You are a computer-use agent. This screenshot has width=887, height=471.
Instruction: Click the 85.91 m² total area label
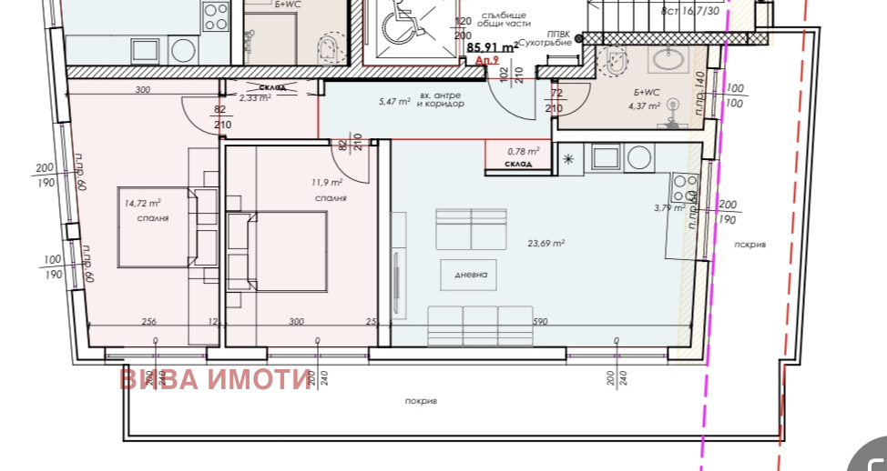pyautogui.click(x=493, y=47)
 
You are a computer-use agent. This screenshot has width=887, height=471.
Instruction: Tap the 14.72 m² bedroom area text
pyautogui.click(x=143, y=203)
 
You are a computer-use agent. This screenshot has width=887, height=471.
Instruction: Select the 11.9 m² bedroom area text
pyautogui.click(x=325, y=182)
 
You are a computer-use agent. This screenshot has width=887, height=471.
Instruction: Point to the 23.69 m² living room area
pyautogui.click(x=546, y=243)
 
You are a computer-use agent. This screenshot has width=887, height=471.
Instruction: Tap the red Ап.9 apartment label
pyautogui.click(x=487, y=61)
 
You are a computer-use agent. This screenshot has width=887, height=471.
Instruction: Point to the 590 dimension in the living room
pyautogui.click(x=540, y=321)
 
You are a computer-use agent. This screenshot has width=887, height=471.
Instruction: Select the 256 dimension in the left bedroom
pyautogui.click(x=149, y=321)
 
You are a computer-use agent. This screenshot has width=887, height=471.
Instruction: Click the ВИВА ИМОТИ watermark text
pyautogui.click(x=215, y=379)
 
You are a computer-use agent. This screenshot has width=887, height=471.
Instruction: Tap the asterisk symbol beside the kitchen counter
pyautogui.click(x=568, y=160)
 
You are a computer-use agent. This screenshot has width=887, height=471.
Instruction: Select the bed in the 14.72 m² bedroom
pyautogui.click(x=155, y=227)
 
